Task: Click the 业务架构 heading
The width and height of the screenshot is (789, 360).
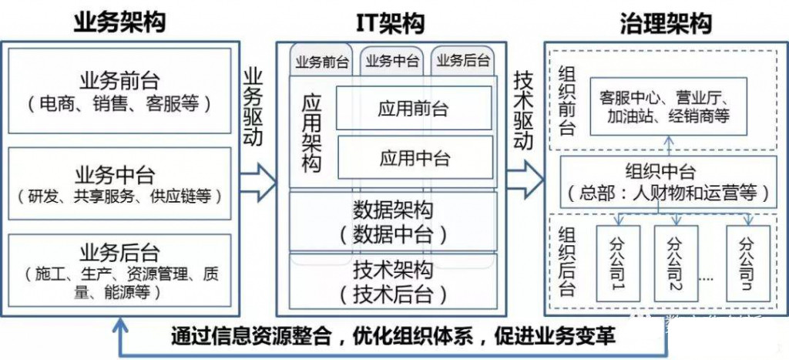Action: tap(119, 22)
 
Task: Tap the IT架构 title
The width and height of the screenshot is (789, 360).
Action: tap(391, 23)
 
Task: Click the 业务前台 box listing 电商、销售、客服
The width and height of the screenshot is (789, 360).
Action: tap(119, 91)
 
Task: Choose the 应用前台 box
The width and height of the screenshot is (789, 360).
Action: tap(414, 109)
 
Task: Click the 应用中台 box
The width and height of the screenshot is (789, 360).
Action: tap(414, 157)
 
